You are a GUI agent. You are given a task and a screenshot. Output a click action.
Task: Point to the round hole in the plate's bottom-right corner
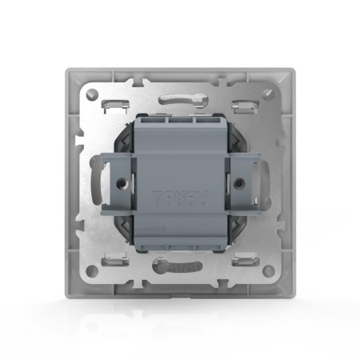pyautogui.click(x=268, y=270)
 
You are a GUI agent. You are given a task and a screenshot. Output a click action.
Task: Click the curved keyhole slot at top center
pyautogui.click(x=180, y=101)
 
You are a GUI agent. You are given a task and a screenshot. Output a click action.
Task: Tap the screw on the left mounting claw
pyautogui.click(x=119, y=181)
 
